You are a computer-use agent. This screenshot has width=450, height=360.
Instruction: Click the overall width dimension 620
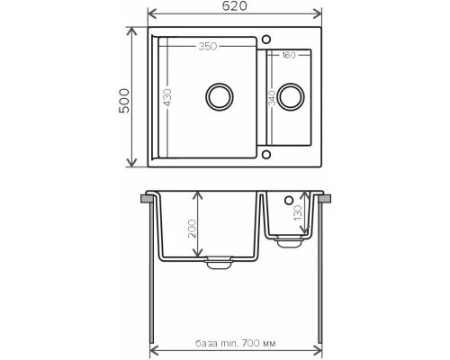(x=235, y=6)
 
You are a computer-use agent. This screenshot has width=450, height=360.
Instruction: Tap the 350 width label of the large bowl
(x=210, y=45)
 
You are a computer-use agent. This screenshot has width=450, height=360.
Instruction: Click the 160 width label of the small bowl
(x=288, y=56)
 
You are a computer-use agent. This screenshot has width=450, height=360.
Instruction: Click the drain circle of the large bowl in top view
(x=219, y=95)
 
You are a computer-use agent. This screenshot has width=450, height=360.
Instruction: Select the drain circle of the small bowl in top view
(x=290, y=94)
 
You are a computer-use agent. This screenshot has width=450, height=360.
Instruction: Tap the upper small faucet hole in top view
(x=267, y=38)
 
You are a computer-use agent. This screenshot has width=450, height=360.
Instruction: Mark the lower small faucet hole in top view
(x=267, y=154)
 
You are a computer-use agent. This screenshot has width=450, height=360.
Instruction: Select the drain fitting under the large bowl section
(x=218, y=263)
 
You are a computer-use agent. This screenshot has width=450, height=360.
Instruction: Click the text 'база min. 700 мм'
(x=237, y=344)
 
